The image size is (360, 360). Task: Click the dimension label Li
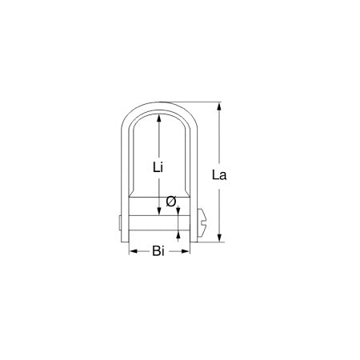[158, 167]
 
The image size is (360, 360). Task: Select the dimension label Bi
[158, 252]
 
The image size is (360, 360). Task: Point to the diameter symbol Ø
[170, 202]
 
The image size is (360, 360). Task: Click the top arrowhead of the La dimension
[218, 107]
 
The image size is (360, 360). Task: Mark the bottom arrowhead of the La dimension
[218, 237]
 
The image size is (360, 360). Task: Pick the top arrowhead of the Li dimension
[159, 116]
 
